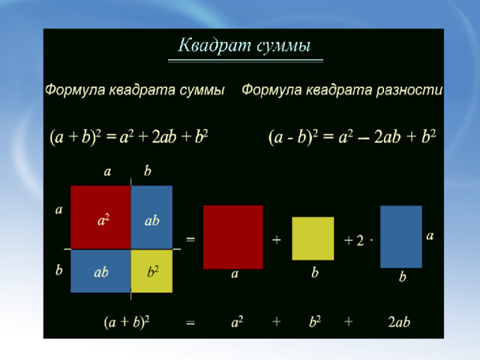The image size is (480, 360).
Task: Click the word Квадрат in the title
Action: pyautogui.click(x=214, y=46)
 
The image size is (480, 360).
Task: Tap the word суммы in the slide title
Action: pyautogui.click(x=283, y=46)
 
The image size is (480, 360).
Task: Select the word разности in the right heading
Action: pyautogui.click(x=409, y=90)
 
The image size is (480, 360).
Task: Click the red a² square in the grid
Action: pyautogui.click(x=100, y=217)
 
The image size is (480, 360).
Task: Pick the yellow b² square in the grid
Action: pyautogui.click(x=151, y=271)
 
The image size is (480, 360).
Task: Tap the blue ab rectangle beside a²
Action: pyautogui.click(x=151, y=217)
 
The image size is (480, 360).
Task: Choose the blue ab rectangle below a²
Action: pyautogui.click(x=100, y=271)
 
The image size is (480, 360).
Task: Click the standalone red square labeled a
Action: pyautogui.click(x=233, y=237)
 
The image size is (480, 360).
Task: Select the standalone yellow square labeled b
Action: pyautogui.click(x=313, y=238)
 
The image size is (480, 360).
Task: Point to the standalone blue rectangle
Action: pyautogui.click(x=401, y=237)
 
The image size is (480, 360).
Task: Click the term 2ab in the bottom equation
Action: pyautogui.click(x=399, y=322)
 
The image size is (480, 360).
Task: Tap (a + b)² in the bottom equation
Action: pyautogui.click(x=127, y=322)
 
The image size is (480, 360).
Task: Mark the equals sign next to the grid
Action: pyautogui.click(x=190, y=239)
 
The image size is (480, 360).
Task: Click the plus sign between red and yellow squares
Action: pyautogui.click(x=277, y=240)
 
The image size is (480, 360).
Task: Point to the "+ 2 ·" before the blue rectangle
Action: pyautogui.click(x=358, y=240)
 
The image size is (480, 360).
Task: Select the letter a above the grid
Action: pyautogui.click(x=107, y=172)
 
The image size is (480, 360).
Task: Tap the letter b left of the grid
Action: pyautogui.click(x=59, y=270)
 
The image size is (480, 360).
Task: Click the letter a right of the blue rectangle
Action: pyautogui.click(x=430, y=235)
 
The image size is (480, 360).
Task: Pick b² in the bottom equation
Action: pyautogui.click(x=315, y=322)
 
